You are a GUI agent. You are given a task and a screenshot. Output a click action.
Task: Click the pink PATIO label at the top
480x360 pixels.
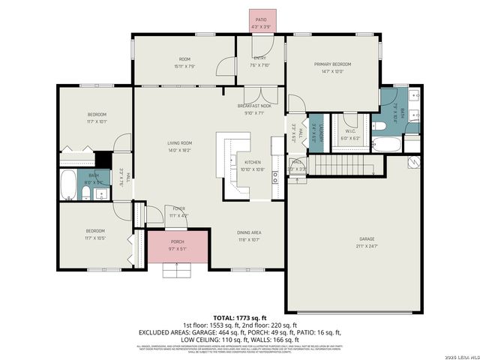tap(261, 19)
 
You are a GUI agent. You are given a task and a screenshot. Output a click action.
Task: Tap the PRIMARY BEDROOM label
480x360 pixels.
tap(332, 64)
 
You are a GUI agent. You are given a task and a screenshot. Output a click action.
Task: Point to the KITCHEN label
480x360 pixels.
tap(253, 163)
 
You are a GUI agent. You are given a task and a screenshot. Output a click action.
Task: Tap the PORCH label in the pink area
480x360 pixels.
tap(178, 241)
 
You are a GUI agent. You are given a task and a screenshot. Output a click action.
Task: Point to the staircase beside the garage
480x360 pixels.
tap(342, 166)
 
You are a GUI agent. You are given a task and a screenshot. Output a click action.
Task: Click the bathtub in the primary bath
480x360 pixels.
tap(386, 144)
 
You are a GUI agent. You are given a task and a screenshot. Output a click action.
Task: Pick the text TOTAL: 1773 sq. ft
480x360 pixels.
tap(239, 318)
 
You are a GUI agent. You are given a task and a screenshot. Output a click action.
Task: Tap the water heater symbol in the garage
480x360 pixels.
tap(412, 162)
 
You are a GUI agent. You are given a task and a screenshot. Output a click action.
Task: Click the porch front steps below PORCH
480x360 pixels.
tap(178, 269)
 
